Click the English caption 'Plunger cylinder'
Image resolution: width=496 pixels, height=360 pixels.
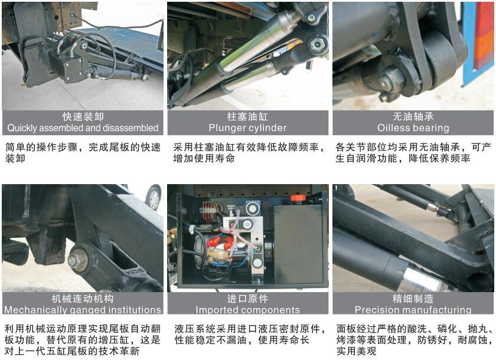(x=247, y=128)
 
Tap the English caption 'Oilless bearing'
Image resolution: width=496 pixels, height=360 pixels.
(x=413, y=128)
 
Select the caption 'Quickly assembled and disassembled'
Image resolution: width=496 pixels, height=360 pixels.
(x=83, y=128)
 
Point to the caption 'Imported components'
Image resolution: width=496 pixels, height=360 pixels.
(x=247, y=310)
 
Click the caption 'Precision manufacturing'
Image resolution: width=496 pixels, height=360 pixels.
(x=413, y=310)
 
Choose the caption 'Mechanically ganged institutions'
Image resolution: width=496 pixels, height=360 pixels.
(x=83, y=310)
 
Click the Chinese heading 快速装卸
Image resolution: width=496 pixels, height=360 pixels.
(x=83, y=117)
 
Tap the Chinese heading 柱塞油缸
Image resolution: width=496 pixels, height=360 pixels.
(x=247, y=117)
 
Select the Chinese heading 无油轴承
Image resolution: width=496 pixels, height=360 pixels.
(x=413, y=117)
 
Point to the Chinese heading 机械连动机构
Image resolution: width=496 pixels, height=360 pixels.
(x=83, y=299)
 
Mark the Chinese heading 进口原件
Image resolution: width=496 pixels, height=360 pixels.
(x=247, y=299)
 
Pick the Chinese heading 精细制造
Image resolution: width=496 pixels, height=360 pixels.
(x=413, y=299)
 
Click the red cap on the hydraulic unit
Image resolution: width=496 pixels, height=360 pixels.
(x=298, y=199)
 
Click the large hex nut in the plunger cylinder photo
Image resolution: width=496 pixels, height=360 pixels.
(x=317, y=45)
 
